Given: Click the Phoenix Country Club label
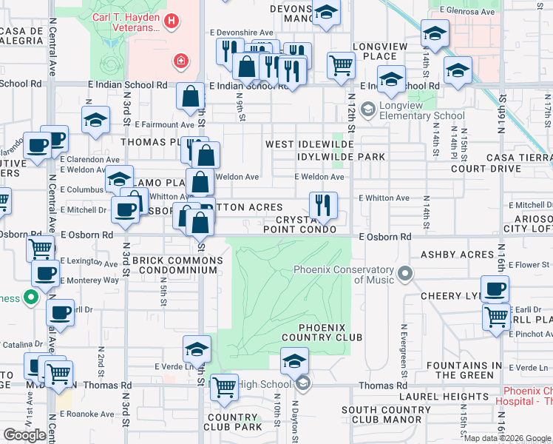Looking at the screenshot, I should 330,332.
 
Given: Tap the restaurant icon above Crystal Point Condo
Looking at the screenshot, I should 323,205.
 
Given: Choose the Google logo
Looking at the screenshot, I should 24,434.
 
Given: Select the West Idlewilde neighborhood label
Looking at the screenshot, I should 307,144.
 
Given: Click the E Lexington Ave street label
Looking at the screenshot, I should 88,262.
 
